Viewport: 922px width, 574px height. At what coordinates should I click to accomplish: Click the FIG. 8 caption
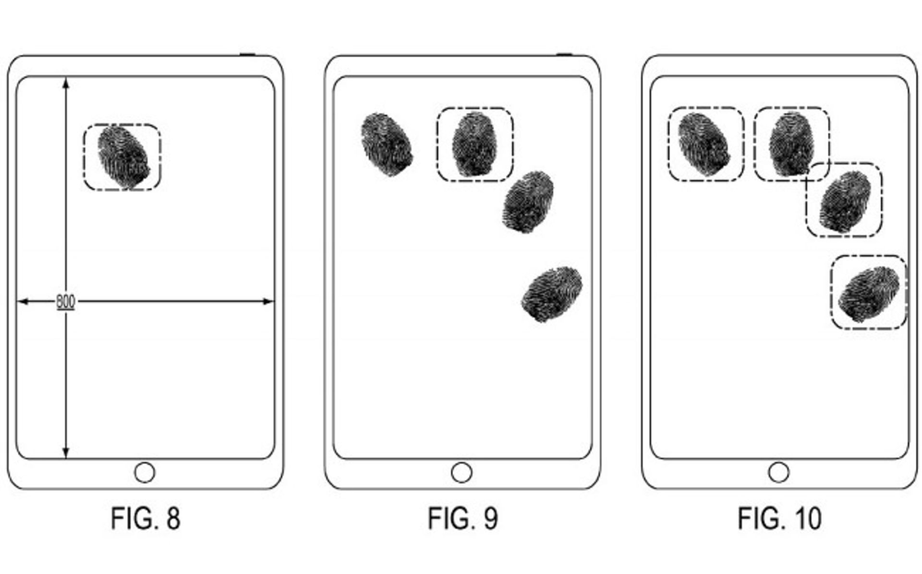click(x=146, y=519)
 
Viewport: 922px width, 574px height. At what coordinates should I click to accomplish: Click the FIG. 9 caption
click(x=463, y=519)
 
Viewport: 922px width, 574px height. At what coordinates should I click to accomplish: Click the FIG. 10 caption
click(x=779, y=519)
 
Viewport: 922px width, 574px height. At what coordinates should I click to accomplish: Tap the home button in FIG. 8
click(x=145, y=473)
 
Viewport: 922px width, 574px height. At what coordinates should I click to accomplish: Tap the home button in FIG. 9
click(x=461, y=473)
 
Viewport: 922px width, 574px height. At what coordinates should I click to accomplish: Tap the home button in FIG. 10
click(x=778, y=473)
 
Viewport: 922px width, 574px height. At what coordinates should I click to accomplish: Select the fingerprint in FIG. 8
click(x=123, y=157)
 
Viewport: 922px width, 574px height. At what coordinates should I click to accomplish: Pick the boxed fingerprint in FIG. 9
click(x=474, y=144)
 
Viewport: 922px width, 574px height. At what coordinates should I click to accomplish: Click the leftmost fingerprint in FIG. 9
click(x=387, y=144)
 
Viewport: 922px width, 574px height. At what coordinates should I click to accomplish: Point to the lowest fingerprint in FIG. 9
click(x=552, y=294)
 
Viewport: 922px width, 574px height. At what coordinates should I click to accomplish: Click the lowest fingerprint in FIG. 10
click(x=868, y=294)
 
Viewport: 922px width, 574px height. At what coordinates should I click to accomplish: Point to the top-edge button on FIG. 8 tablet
click(x=247, y=54)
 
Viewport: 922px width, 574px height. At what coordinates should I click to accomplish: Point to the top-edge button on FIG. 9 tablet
click(x=564, y=54)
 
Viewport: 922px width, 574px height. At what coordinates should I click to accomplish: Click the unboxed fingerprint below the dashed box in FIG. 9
click(x=528, y=202)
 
